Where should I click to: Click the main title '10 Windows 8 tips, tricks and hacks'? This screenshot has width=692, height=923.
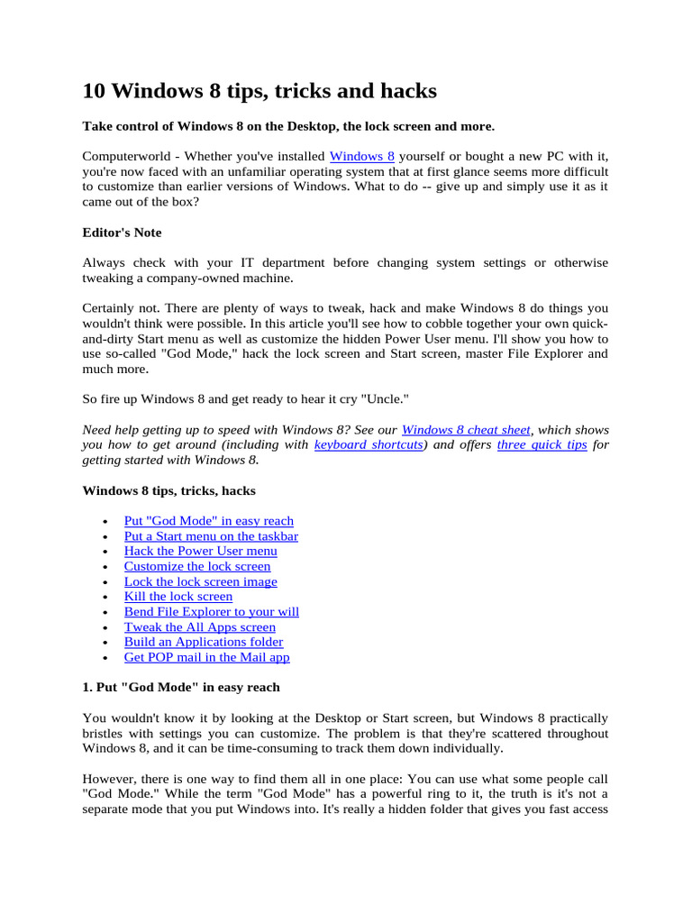[x=259, y=91]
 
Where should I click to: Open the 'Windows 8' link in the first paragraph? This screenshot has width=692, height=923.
[x=362, y=156]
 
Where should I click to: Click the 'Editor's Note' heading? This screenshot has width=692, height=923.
[x=122, y=233]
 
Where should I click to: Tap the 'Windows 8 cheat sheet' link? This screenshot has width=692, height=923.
[x=466, y=430]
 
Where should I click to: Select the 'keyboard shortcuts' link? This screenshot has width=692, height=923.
[x=369, y=445]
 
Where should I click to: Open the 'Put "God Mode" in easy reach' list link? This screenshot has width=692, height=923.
[x=208, y=521]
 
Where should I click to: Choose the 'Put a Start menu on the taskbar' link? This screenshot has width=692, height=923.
[x=211, y=536]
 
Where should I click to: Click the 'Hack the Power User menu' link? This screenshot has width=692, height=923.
[x=200, y=551]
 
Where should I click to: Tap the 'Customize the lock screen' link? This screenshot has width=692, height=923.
[x=197, y=566]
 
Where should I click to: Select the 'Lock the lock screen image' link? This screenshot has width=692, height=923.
[x=200, y=581]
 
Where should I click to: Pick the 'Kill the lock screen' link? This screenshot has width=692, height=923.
[x=178, y=597]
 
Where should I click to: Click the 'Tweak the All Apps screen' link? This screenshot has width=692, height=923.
[x=199, y=627]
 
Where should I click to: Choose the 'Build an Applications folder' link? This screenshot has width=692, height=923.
[x=203, y=642]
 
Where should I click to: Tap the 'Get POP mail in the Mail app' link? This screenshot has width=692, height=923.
[x=206, y=657]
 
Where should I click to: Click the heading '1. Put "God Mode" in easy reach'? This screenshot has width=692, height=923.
[x=181, y=688]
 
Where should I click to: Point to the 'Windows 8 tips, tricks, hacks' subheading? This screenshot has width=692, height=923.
[x=168, y=491]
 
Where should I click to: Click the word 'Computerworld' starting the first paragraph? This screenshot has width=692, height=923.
[x=125, y=156]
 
